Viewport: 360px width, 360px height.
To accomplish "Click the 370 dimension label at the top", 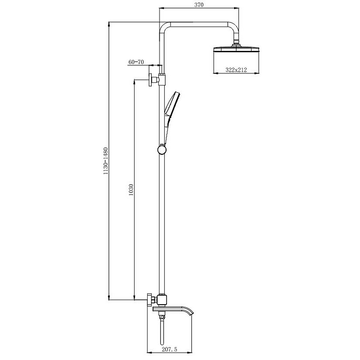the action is (199, 4).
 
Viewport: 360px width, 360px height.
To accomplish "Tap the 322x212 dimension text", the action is (236, 70).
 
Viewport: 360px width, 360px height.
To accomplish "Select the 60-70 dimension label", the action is (136, 62).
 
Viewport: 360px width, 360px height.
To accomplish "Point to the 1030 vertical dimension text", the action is (131, 189).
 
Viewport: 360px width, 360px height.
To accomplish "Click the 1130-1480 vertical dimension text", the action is (105, 161).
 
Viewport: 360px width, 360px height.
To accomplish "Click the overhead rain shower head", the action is (236, 50).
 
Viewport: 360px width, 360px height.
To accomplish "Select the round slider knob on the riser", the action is (162, 150).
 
